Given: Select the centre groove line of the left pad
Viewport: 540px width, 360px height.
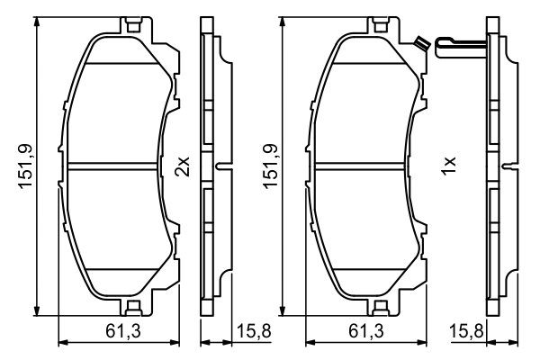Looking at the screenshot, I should [117, 165].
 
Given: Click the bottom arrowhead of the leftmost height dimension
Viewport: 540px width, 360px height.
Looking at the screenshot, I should [37, 308].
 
